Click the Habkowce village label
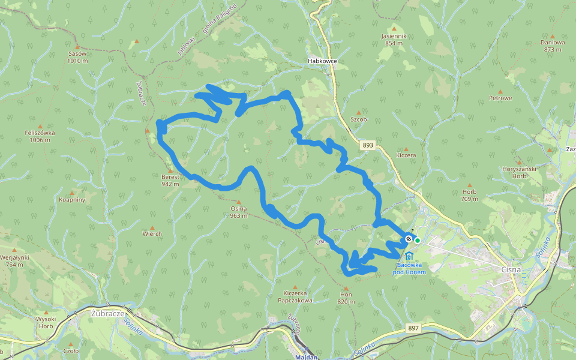coord(322,61)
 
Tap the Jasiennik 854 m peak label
coord(394,39)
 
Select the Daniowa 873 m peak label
coord(553,46)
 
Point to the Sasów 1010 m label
coord(77,56)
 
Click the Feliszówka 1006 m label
coord(40,136)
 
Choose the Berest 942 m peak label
coord(170,180)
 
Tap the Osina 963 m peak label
coord(239,211)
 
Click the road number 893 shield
coord(368,145)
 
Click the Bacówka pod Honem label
coord(409,268)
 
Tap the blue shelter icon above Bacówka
coord(409,256)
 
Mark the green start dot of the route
coord(417,240)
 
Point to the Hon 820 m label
coord(346,298)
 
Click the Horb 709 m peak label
coord(469,194)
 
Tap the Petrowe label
coord(500,98)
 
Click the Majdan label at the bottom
coord(306,356)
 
